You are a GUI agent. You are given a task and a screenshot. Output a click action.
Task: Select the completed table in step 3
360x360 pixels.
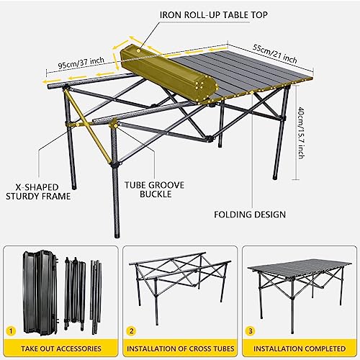[x=298, y=284]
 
